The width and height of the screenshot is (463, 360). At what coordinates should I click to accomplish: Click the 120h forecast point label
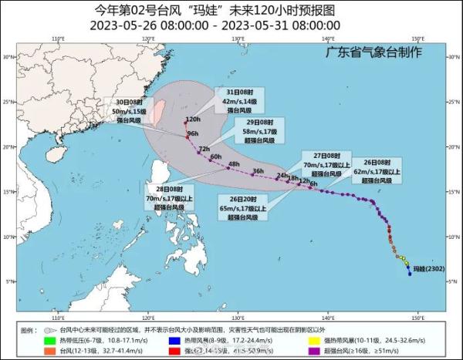193,120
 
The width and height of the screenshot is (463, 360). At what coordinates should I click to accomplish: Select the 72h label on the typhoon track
204,149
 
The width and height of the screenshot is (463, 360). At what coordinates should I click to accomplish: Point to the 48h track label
235,163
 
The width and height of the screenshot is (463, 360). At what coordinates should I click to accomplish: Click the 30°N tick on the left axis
10,57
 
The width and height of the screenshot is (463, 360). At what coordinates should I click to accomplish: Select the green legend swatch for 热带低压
48,339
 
